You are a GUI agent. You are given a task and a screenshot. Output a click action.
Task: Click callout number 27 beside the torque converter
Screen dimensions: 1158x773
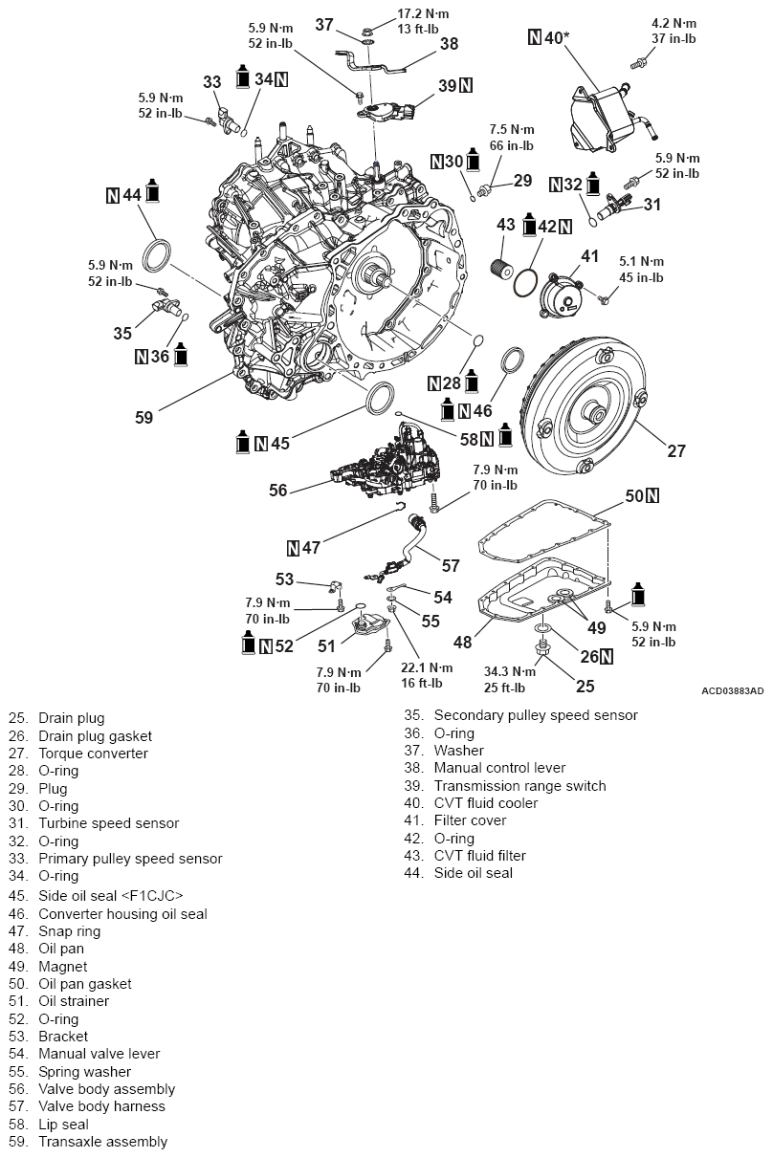(675, 451)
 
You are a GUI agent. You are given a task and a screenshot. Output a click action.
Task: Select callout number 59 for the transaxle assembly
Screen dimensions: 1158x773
(143, 417)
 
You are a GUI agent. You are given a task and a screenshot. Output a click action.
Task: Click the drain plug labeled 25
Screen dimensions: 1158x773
(543, 651)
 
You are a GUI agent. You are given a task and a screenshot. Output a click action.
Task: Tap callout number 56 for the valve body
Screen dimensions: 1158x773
(278, 490)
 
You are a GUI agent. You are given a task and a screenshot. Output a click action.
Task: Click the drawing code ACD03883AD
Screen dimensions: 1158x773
(732, 690)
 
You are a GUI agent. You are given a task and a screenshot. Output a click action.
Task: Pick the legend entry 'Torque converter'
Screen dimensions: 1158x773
(93, 753)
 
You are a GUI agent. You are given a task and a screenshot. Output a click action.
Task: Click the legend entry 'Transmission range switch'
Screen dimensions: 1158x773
(519, 785)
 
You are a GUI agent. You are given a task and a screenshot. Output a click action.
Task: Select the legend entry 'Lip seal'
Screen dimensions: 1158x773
(63, 1124)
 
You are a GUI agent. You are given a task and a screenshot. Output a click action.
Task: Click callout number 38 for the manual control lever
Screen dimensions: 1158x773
(449, 44)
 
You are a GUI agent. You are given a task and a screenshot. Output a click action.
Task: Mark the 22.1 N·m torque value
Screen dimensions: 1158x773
(428, 666)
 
